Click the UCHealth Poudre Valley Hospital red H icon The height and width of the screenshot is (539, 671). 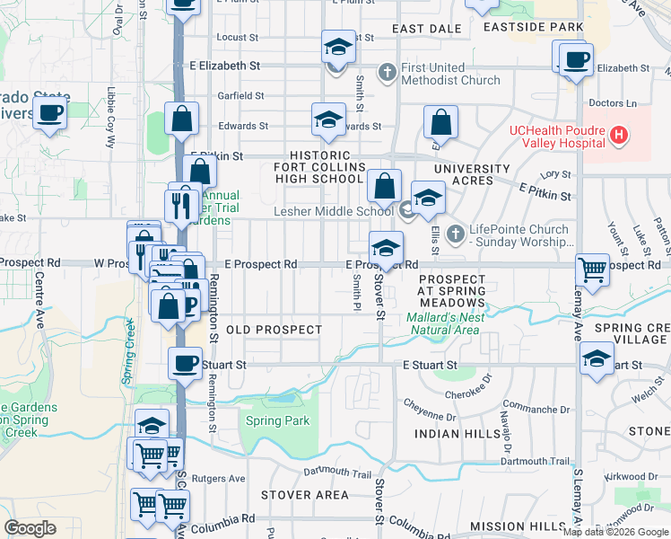617,136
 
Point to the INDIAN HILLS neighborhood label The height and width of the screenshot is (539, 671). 450,434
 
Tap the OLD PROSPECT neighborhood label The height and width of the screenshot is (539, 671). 274,330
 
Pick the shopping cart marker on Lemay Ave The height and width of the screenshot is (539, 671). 593,268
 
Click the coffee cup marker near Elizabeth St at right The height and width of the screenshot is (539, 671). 574,60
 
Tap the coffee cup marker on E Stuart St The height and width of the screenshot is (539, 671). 186,364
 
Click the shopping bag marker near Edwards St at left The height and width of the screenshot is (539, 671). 182,119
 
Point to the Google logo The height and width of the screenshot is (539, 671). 30,528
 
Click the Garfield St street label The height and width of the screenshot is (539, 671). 240,95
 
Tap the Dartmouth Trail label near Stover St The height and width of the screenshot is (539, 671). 336,473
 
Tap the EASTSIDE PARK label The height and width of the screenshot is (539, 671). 533,27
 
